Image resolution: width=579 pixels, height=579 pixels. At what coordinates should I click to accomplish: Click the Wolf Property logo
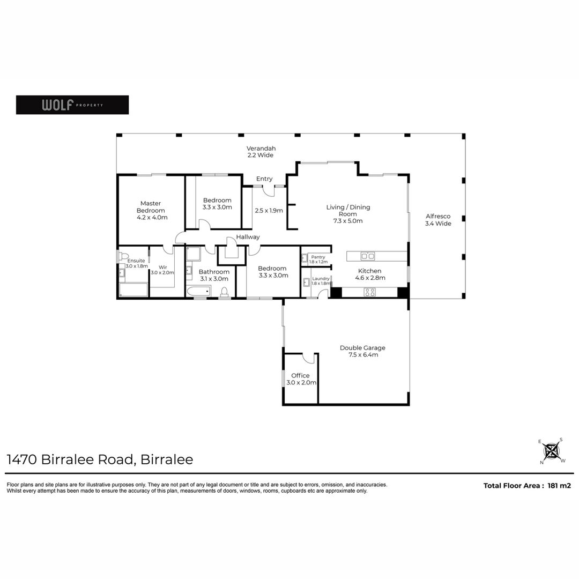tap(72, 105)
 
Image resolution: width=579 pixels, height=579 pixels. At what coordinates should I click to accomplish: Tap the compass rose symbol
tap(551, 451)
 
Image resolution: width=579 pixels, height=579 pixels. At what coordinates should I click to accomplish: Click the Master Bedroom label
tap(152, 211)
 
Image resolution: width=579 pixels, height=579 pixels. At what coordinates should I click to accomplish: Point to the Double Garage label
tap(362, 351)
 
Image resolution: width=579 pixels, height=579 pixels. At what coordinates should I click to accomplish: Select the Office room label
tap(301, 379)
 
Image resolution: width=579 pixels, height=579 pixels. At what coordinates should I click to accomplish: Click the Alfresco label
tap(438, 220)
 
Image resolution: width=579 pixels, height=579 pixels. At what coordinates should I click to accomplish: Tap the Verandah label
tap(261, 152)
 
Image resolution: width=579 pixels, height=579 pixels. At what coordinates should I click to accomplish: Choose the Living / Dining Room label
tap(348, 214)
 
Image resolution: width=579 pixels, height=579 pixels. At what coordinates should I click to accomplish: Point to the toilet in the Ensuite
tap(123, 256)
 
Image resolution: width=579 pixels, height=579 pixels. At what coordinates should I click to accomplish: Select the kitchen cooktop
tap(369, 292)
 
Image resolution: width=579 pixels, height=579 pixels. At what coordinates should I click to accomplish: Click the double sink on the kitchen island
tap(367, 256)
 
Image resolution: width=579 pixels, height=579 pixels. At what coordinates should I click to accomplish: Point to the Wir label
tap(163, 268)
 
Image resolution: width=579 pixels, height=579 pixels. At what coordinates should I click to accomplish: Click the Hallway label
tap(248, 237)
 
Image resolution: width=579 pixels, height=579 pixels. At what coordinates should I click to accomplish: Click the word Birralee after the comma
tap(167, 459)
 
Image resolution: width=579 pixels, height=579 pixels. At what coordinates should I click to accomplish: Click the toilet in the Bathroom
tap(224, 291)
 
